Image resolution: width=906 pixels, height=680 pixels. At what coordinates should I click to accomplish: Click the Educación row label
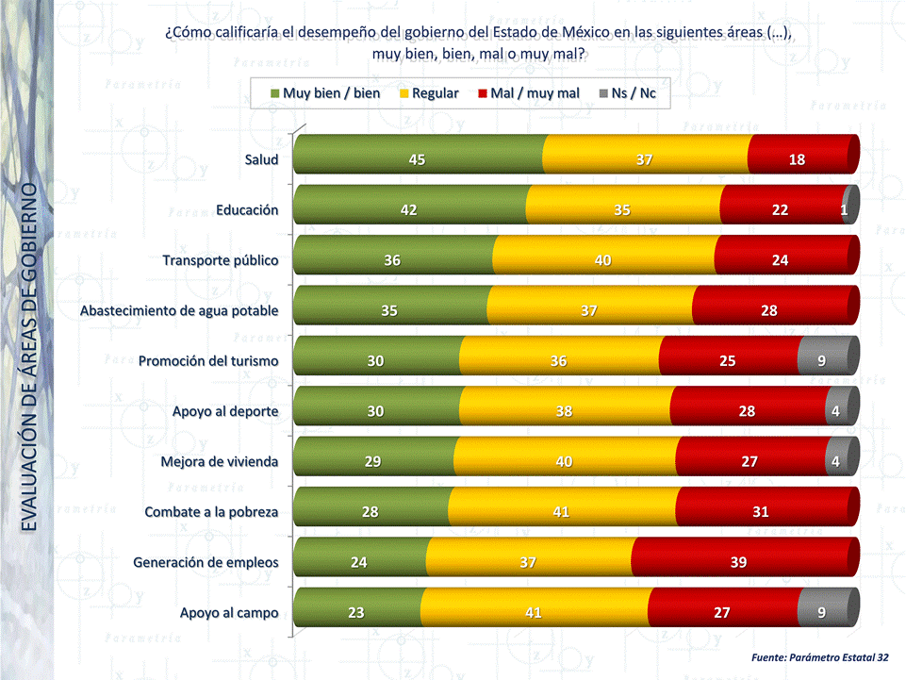click(x=247, y=209)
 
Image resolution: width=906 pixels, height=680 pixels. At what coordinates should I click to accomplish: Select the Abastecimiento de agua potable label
click(x=179, y=310)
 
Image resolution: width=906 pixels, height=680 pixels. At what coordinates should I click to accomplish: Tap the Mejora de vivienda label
click(x=220, y=462)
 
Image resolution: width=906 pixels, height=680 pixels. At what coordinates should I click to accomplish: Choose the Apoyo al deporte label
click(x=225, y=411)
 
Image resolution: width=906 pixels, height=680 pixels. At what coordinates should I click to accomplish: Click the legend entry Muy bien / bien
click(x=325, y=93)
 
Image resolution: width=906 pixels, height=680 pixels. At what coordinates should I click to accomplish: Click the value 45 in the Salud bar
click(x=417, y=159)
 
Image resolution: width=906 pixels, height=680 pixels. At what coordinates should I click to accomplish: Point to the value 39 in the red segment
click(x=738, y=563)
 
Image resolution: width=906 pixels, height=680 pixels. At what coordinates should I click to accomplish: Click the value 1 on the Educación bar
click(x=844, y=210)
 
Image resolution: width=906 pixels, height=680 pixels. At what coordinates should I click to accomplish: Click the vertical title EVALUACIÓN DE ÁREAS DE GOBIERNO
click(x=29, y=357)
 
